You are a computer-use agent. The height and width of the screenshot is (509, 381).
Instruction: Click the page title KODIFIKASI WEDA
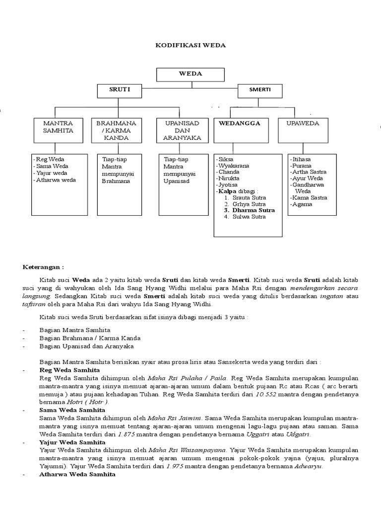coord(190,45)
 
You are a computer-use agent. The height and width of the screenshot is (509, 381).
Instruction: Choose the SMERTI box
coord(260,90)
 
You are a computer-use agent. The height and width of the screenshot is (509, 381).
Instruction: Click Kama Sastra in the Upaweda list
coord(310,197)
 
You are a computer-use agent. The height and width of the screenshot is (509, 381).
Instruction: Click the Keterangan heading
coord(44,266)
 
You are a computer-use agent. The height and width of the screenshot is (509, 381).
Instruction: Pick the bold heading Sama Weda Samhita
coord(72,410)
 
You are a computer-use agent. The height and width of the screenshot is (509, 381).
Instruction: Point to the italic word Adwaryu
coord(309,467)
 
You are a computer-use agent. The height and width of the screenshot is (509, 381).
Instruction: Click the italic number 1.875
coord(128,434)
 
